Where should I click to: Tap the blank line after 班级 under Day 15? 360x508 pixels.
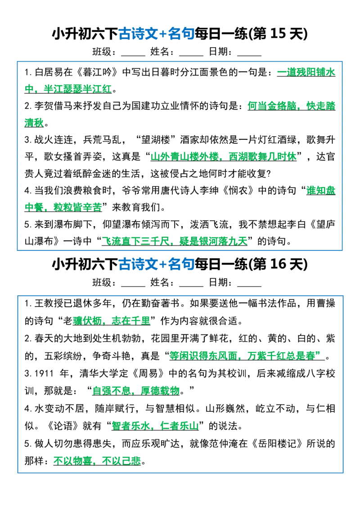click(133, 55)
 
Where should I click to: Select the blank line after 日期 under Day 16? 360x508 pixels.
click(249, 286)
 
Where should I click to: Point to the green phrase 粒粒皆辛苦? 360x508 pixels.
click(78, 207)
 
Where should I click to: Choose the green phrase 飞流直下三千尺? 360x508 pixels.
click(135, 241)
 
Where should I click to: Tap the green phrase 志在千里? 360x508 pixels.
click(131, 321)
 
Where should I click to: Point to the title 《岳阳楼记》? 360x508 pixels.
click(277, 444)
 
